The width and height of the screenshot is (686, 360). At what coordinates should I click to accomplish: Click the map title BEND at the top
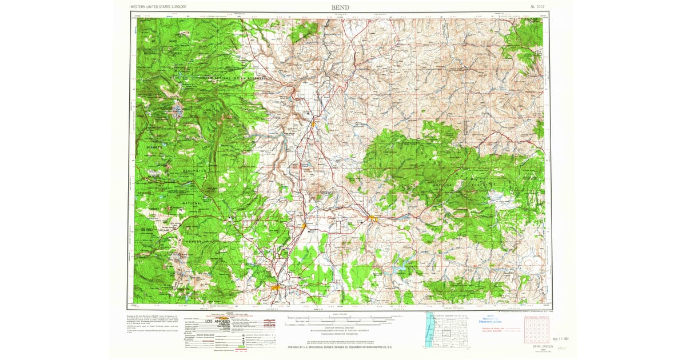coord(340,7)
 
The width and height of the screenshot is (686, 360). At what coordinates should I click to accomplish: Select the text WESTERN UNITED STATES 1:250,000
coord(158,7)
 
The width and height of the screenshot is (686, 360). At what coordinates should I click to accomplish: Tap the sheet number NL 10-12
coord(537,7)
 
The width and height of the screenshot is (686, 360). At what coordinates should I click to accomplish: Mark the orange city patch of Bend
coord(276,287)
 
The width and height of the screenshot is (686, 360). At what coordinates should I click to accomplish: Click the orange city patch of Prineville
coord(372,218)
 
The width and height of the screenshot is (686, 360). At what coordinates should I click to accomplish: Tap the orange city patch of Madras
coord(314,121)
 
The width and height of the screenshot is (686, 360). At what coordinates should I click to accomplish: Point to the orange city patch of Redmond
coord(305,226)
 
